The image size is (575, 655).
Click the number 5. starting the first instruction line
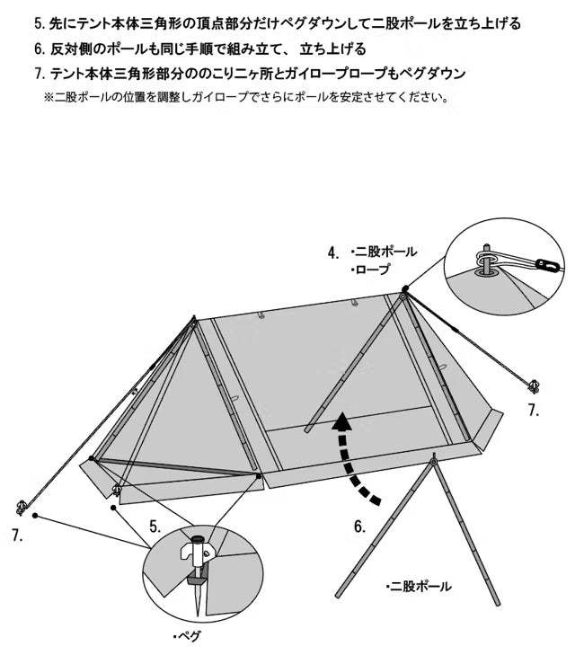pos(40,23)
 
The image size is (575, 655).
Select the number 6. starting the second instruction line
pos(40,49)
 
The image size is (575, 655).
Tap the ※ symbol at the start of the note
pos(49,97)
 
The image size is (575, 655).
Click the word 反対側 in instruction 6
pos(71,49)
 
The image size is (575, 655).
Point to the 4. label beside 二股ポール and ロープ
pos(333,252)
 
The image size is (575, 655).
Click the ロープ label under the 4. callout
pos(372,270)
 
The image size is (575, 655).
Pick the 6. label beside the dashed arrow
pos(359,527)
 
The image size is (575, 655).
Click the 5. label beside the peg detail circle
pos(155,527)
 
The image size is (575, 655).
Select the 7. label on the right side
pos(534,410)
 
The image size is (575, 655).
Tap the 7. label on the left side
pos(18,536)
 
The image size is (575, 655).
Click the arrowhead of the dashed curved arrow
pos(342,422)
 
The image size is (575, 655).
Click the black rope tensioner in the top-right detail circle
pos(547,264)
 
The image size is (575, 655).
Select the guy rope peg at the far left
pos(21,507)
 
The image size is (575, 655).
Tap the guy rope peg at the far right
pos(534,386)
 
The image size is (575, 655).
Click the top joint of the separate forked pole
pos(433,462)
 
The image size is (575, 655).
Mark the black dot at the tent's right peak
pos(404,288)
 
